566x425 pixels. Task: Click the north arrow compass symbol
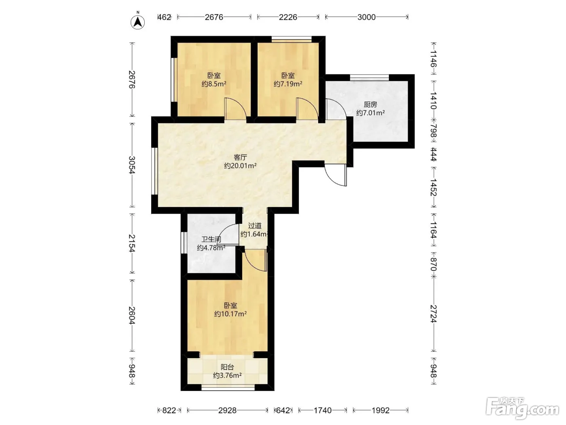click(138, 21)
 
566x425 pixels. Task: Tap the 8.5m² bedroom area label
click(214, 84)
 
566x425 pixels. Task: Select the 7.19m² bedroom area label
click(288, 84)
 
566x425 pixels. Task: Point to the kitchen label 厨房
click(370, 104)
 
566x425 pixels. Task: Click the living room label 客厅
click(240, 157)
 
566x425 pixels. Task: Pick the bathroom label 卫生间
click(211, 239)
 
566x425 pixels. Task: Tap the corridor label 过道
click(255, 226)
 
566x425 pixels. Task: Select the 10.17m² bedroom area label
click(230, 314)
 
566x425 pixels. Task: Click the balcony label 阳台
click(227, 367)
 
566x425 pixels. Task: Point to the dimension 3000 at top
click(366, 17)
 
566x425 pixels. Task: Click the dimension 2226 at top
click(288, 17)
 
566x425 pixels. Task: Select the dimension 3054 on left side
click(132, 165)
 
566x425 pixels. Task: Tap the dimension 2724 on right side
click(434, 314)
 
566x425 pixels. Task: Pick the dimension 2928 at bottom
click(227, 410)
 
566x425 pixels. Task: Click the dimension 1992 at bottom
click(380, 410)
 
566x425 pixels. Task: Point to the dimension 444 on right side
click(434, 154)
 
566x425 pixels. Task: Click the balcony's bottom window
click(228, 387)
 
